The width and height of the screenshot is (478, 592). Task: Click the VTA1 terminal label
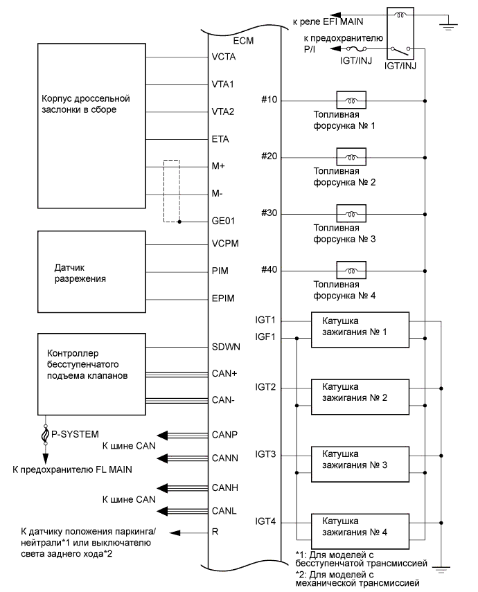pos(222,84)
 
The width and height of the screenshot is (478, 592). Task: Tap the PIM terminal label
pos(218,271)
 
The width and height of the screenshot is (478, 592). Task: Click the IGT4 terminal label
pos(265,521)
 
